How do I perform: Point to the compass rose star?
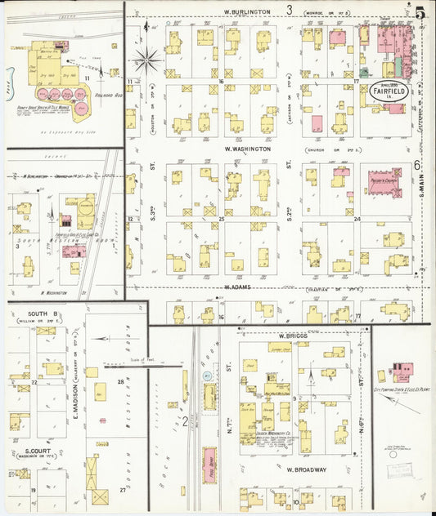coord(147,59)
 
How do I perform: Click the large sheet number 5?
coord(420,13)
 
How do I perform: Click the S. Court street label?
coord(39,451)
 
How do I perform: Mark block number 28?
coord(120,382)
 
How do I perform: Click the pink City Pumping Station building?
coord(402,371)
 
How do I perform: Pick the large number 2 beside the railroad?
coord(185,421)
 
